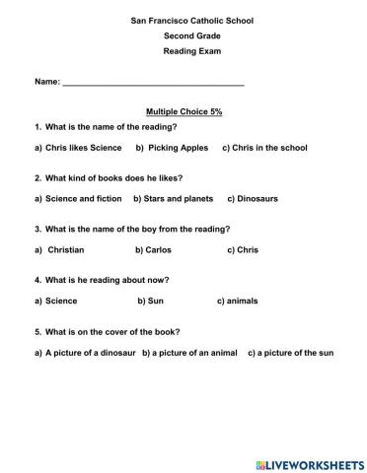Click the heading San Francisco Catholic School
coord(184,20)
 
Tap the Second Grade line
coord(184,35)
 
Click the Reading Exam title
coord(184,51)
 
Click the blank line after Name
coord(153,87)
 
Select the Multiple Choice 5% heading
coord(184,112)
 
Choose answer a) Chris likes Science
coord(78,148)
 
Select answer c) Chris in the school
coord(264,148)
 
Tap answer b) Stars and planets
coord(174,199)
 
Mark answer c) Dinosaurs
coord(253,199)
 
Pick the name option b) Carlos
coord(154,250)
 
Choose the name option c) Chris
coord(243,250)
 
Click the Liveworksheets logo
coord(308,461)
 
